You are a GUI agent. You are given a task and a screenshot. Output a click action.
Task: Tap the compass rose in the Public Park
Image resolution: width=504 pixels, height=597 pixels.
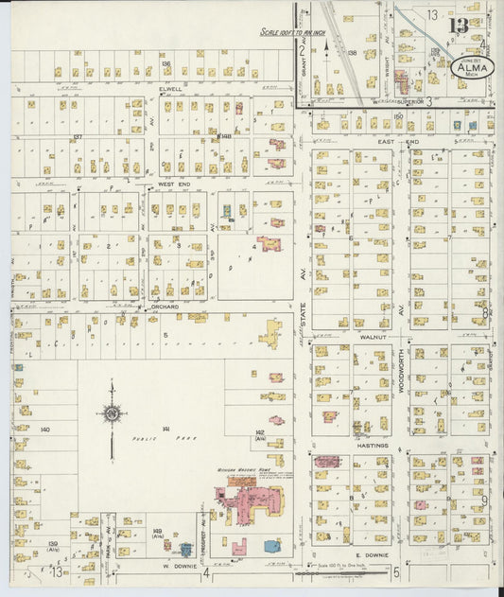[112, 413]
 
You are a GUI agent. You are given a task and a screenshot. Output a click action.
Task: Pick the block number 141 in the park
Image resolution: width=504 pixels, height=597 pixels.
[165, 430]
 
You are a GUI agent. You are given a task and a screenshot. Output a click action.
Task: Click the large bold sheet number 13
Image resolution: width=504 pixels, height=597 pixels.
[458, 25]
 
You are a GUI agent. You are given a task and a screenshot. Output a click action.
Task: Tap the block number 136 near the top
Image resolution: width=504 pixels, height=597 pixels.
[165, 63]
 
